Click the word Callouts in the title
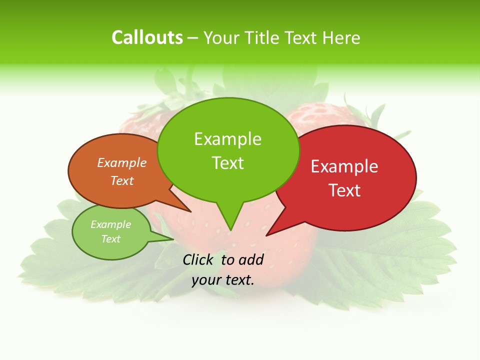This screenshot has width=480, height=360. (147, 37)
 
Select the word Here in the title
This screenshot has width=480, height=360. (341, 37)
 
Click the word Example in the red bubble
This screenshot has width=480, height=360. (344, 166)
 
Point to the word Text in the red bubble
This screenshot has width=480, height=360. (344, 190)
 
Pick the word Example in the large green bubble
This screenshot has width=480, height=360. (227, 139)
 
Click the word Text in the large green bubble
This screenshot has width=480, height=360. (227, 163)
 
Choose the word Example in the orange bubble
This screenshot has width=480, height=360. (122, 162)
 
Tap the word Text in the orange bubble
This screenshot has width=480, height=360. (122, 180)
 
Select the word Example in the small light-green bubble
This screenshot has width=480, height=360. (111, 224)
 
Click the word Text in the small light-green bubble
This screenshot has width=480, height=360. (111, 239)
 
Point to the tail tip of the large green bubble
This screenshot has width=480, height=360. (230, 230)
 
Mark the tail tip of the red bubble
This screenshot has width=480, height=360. (267, 235)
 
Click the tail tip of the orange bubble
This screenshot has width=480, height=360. (190, 211)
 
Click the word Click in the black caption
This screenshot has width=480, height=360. (198, 259)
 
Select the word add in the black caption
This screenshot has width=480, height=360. (251, 259)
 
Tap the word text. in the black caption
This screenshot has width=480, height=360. (239, 280)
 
